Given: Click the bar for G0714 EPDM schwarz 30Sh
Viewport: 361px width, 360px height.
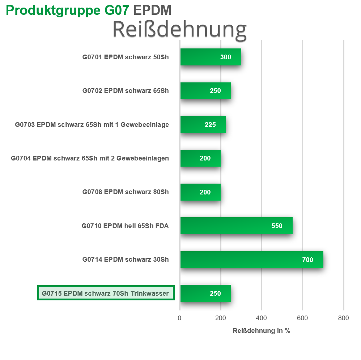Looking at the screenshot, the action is coord(252,260).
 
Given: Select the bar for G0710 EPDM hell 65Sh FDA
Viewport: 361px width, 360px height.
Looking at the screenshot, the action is coord(237,226).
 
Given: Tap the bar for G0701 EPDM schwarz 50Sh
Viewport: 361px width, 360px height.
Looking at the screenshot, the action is coord(211,57).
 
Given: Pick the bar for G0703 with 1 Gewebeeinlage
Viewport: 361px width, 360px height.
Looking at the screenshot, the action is coord(203,124).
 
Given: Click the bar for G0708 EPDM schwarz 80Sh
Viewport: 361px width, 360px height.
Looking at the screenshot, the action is coord(200,192).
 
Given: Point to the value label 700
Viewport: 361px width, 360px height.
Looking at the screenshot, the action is coord(307,260).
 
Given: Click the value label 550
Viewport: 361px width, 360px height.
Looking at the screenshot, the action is coord(277,226).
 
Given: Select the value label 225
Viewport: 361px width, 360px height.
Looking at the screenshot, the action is coord(210,125).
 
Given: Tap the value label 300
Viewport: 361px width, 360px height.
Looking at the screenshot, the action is coord(226,57).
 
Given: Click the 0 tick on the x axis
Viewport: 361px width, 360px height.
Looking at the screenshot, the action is coord(179,318).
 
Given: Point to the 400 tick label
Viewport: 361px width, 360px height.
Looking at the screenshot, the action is coord(262,318).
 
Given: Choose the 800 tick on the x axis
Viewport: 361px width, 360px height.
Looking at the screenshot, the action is coord(344,318).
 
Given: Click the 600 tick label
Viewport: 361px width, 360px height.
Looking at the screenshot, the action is coord(302,318).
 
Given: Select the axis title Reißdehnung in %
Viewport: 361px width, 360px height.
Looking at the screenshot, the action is coord(262,331).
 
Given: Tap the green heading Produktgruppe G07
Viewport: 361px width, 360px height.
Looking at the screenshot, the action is coord(67,10).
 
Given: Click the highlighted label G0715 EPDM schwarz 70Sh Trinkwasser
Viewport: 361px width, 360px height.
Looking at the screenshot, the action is coord(105,293).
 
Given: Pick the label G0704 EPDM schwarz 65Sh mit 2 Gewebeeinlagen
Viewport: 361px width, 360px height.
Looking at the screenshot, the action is coord(90,158).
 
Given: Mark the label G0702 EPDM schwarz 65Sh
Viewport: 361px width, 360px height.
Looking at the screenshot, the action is coord(126,91).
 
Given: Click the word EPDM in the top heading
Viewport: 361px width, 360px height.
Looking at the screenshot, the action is coord(152,10).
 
